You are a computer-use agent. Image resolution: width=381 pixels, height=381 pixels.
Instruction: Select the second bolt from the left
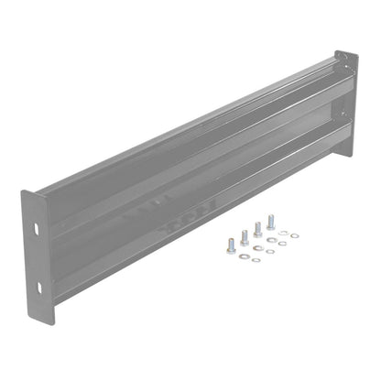pyautogui.click(x=245, y=237)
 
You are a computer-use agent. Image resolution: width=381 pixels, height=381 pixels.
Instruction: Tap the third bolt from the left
pyautogui.click(x=257, y=229)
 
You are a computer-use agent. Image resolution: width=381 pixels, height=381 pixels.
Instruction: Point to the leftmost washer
pyautogui.click(x=244, y=257)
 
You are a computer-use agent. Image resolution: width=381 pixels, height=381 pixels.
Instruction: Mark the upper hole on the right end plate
pyautogui.click(x=343, y=64)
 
